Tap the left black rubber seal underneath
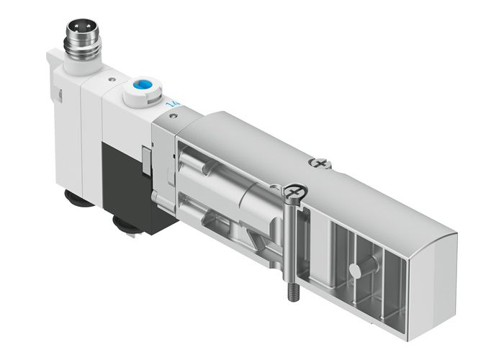[80, 198]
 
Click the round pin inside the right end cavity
[354, 270]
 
